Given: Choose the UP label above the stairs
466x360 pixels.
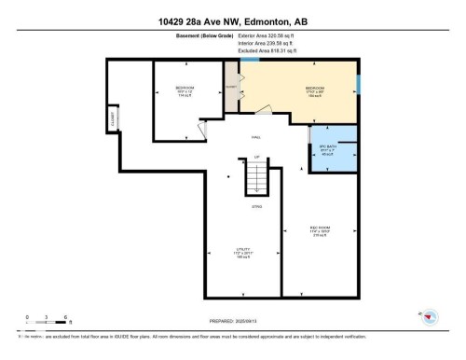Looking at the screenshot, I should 256,156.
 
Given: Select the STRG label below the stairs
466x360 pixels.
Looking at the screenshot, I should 256,206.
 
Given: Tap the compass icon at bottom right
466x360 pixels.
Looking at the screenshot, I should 429,318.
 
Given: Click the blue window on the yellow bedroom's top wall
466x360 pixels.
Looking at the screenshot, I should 249,60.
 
